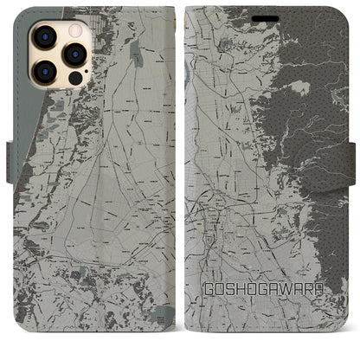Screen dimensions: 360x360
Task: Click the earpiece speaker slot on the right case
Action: coord(264,10)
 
